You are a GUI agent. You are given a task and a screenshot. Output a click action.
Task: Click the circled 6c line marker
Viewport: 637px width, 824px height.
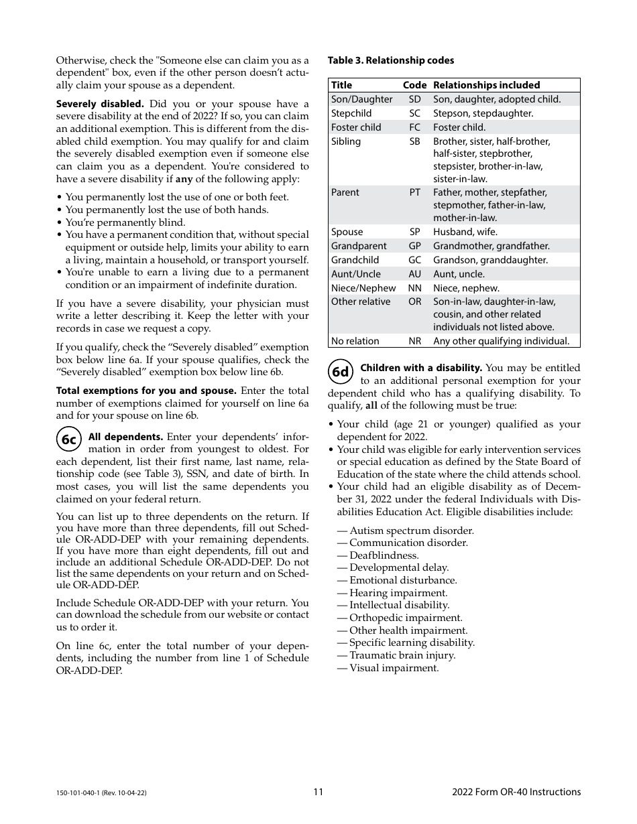click(69, 439)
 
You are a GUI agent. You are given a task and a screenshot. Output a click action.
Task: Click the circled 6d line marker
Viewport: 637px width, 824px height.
click(341, 371)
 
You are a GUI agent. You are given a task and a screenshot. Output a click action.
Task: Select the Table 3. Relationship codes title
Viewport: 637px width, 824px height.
click(390, 60)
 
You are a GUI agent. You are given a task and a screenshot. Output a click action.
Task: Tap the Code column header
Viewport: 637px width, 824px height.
click(414, 85)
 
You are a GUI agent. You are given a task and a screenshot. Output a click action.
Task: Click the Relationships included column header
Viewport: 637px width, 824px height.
click(486, 85)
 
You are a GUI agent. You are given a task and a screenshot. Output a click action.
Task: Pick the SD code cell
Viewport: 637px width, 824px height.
click(414, 99)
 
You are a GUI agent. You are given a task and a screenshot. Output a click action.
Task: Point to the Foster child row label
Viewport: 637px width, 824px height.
click(356, 127)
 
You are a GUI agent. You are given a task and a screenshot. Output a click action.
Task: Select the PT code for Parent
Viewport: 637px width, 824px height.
click(414, 192)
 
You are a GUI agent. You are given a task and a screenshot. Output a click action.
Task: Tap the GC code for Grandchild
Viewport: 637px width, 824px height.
click(414, 260)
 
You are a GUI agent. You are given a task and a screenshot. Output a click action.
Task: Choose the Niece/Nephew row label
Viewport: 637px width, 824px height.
click(363, 288)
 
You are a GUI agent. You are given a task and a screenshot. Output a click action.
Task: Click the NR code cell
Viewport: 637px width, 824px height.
click(414, 341)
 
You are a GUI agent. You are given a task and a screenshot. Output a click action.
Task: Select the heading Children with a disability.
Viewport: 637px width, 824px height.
click(421, 368)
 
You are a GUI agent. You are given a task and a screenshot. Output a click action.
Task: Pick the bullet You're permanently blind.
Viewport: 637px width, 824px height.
click(125, 222)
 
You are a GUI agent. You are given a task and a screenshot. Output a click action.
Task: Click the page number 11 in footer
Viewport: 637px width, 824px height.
click(318, 792)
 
